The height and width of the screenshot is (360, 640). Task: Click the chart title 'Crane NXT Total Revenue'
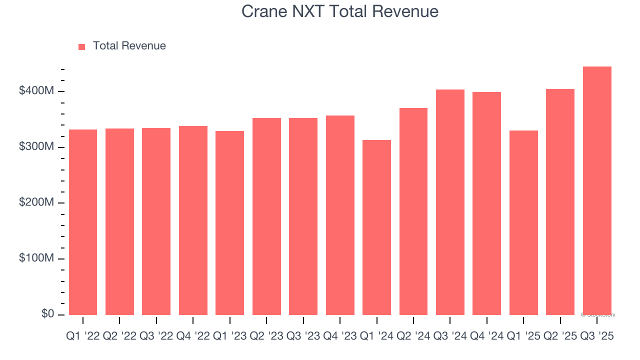340,11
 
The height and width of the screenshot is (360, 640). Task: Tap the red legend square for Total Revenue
82,46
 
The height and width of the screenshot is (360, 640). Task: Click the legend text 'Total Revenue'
129,46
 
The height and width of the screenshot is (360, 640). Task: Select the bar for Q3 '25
597,190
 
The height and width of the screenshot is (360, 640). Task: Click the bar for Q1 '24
376,227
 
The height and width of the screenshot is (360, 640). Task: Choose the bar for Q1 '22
83,222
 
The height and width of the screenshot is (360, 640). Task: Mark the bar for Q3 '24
450,202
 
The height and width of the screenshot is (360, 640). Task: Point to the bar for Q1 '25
523,222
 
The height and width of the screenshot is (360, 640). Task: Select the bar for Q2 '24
413,211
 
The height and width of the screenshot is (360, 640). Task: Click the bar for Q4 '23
340,215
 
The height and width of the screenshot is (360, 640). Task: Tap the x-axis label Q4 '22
193,337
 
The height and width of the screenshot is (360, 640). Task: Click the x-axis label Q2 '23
266,337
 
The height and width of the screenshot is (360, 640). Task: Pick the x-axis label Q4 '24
486,337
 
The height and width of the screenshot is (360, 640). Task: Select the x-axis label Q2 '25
560,337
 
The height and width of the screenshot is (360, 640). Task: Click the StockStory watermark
598,315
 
